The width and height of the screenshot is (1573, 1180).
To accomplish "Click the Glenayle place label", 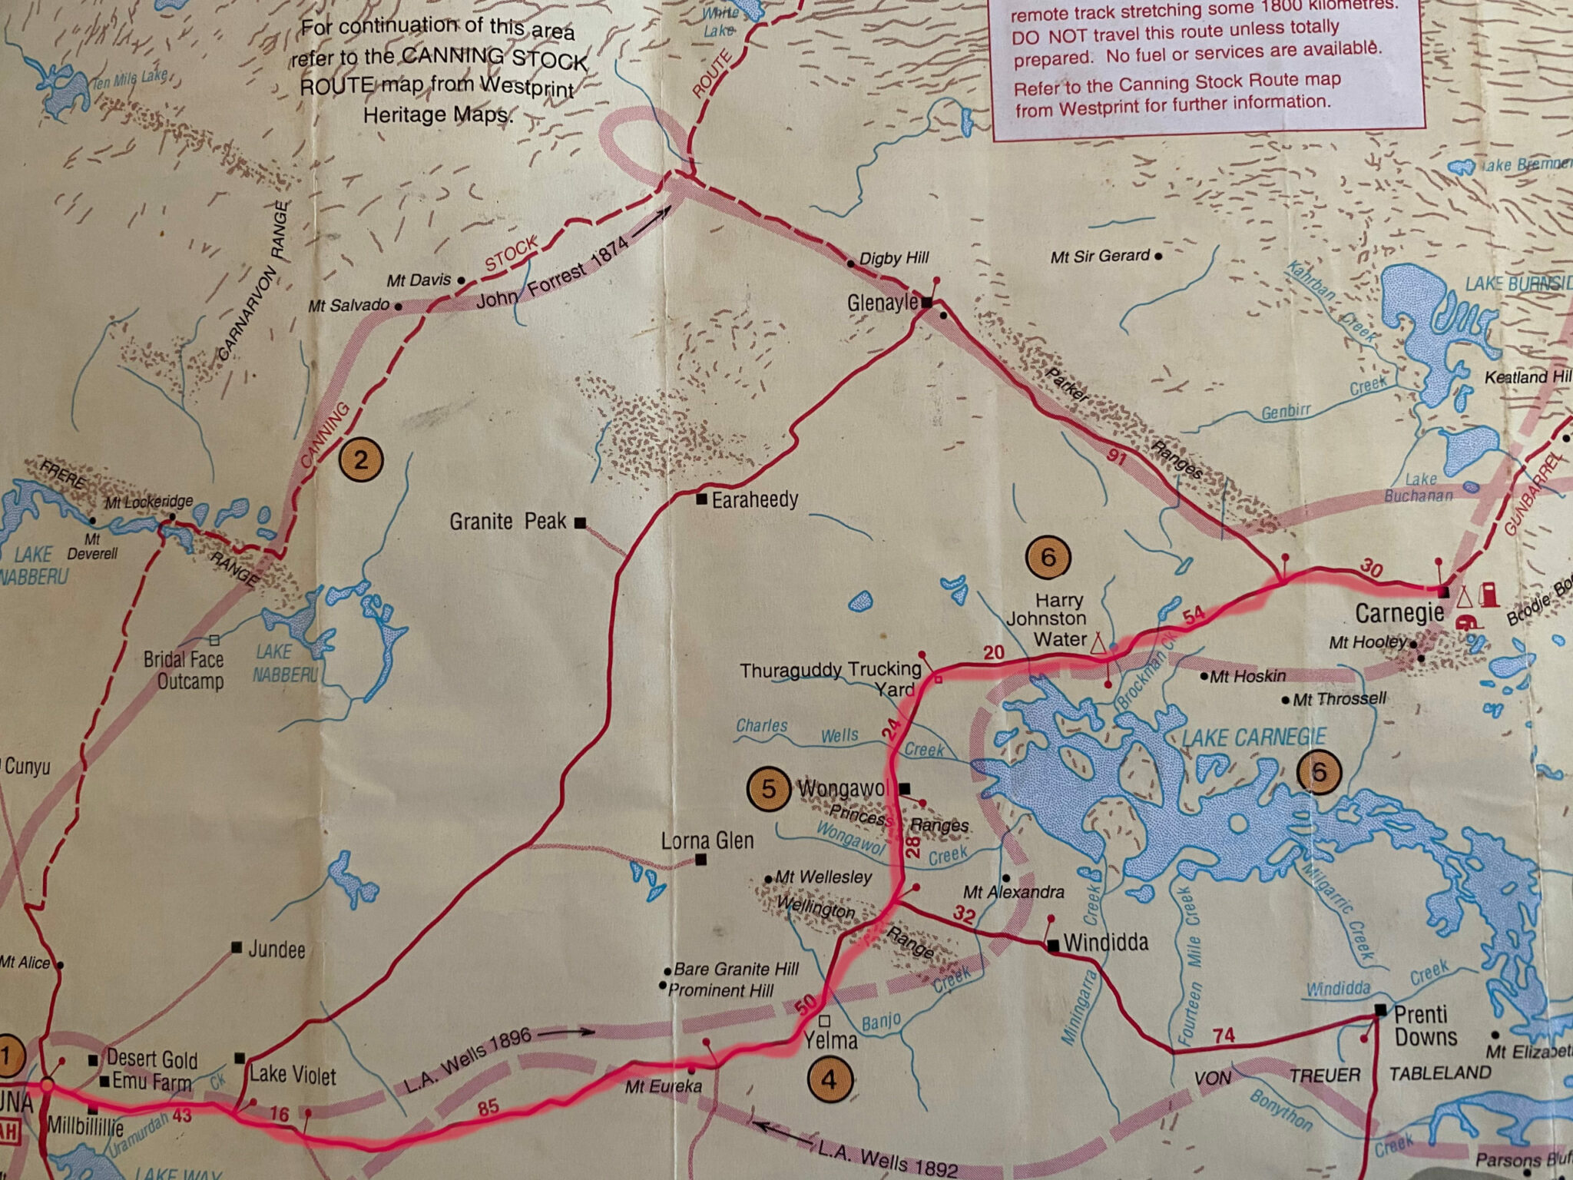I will pyautogui.click(x=882, y=303).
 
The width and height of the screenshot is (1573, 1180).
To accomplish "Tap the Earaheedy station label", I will pyautogui.click(x=754, y=500).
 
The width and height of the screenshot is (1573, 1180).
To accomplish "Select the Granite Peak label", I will pyautogui.click(x=508, y=522).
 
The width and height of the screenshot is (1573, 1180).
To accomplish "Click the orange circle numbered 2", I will pyautogui.click(x=360, y=459).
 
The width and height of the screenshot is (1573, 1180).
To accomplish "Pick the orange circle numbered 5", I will pyautogui.click(x=769, y=789).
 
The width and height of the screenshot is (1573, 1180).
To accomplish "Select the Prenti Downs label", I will pyautogui.click(x=1426, y=1025).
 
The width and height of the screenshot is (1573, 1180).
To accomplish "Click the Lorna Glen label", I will pyautogui.click(x=707, y=840).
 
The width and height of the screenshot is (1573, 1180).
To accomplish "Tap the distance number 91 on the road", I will pyautogui.click(x=1116, y=458).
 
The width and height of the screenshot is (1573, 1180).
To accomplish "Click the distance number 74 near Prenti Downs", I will pyautogui.click(x=1224, y=1035).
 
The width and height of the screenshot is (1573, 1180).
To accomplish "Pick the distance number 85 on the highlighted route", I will pyautogui.click(x=488, y=1107).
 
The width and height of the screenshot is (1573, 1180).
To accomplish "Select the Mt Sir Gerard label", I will pyautogui.click(x=1100, y=257).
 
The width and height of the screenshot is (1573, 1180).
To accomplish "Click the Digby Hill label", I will pyautogui.click(x=894, y=259).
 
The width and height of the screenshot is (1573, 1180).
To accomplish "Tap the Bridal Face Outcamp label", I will pyautogui.click(x=184, y=670).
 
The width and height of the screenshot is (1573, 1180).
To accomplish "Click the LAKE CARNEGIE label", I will pyautogui.click(x=1253, y=738).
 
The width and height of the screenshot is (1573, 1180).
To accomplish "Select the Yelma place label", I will pyautogui.click(x=830, y=1040).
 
